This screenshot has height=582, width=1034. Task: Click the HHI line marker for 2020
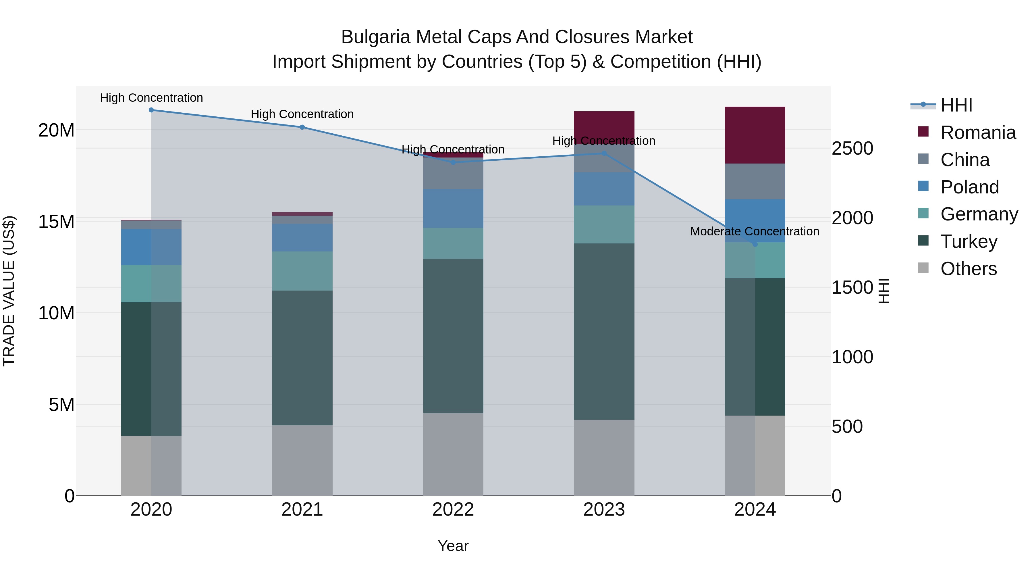pyautogui.click(x=151, y=110)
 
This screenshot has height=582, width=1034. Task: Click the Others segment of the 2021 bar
pyautogui.click(x=302, y=460)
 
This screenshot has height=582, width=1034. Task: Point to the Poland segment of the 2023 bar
pyautogui.click(x=604, y=189)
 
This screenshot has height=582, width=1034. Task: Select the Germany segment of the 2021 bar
pyautogui.click(x=302, y=271)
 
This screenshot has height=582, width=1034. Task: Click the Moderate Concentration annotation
pyautogui.click(x=754, y=232)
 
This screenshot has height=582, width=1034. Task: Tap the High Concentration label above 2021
pyautogui.click(x=302, y=114)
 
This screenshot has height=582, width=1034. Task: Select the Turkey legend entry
pyautogui.click(x=969, y=242)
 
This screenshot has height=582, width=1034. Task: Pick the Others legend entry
pyautogui.click(x=968, y=269)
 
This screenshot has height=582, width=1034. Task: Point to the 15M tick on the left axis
pyautogui.click(x=56, y=222)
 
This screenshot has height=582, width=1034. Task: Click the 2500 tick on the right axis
pyautogui.click(x=852, y=149)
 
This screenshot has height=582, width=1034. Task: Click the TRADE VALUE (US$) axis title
pyautogui.click(x=9, y=291)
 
